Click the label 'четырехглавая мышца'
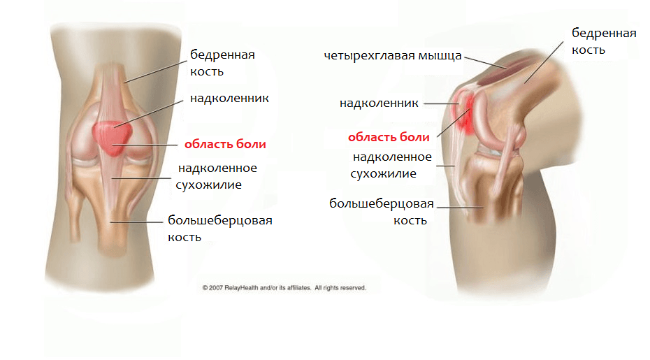point(393,56)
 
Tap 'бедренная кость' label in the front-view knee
point(222,63)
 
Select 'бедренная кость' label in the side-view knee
point(604,41)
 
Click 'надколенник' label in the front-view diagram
point(229,99)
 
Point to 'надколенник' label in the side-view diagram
point(379,103)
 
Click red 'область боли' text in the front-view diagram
point(225,144)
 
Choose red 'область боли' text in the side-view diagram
point(389,137)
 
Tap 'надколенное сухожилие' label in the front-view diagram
point(216,176)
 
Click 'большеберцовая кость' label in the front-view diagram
point(219,229)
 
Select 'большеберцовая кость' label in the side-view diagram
point(382,212)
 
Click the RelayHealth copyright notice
point(284,288)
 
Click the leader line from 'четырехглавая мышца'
point(486,62)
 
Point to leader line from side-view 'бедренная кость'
point(544,62)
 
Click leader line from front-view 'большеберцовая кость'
point(137,222)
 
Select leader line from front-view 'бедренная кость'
point(156,72)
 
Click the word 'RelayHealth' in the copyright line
point(241,288)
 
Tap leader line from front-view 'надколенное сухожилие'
point(141,179)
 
